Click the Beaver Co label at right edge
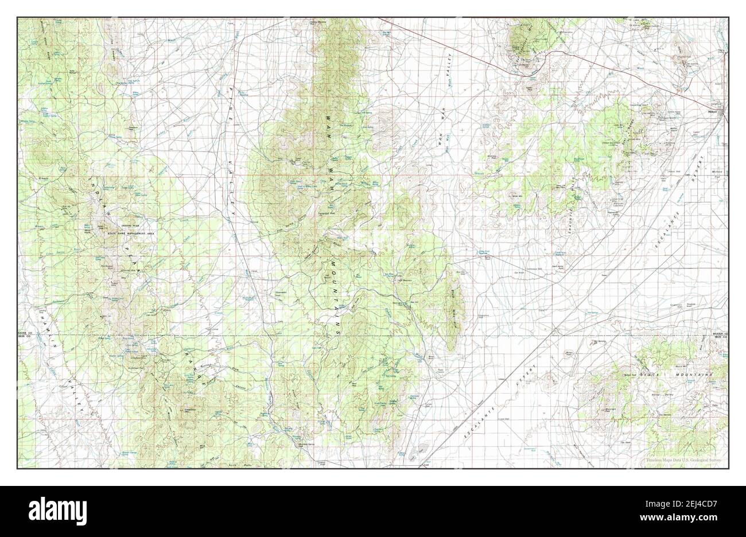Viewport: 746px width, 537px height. pos(717,333)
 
